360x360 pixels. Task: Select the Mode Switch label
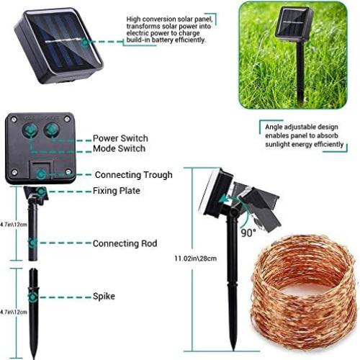coord(119,148)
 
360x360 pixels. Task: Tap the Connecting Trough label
coord(133,174)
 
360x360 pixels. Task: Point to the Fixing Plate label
coord(116,191)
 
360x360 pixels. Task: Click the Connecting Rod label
coord(125,243)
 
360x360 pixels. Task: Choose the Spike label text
coord(103,296)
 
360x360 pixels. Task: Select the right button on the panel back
coord(52,130)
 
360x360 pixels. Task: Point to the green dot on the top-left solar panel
coord(85,42)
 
